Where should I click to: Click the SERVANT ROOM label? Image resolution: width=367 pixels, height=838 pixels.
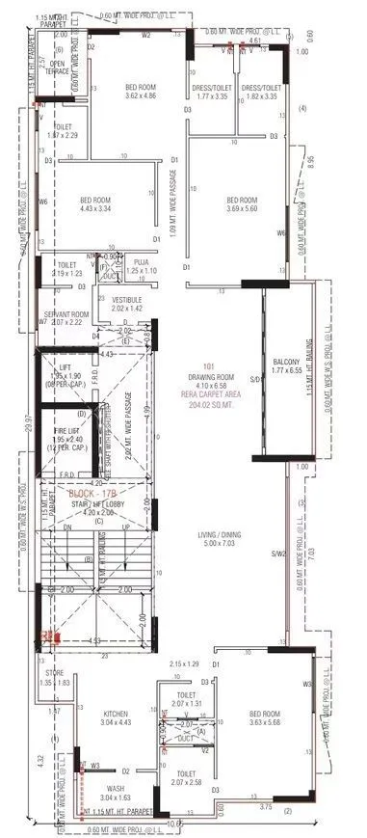point(66,314)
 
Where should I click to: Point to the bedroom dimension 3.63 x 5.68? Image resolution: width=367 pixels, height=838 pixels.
point(254,722)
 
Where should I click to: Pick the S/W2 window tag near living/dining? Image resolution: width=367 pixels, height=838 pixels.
point(277,554)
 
